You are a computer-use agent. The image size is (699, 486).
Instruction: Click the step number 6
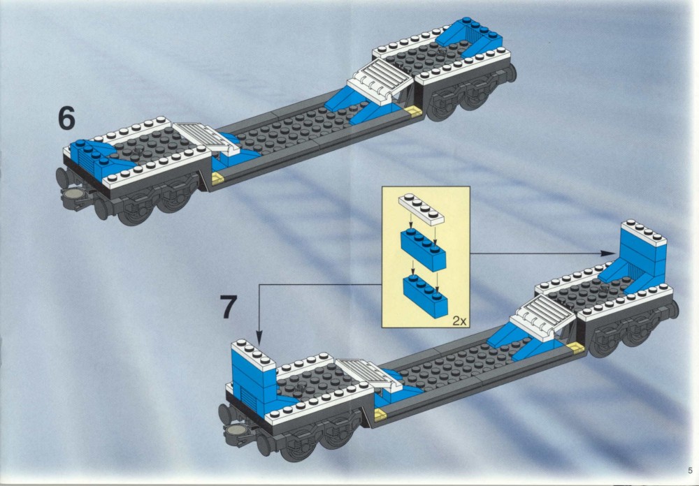[x=66, y=119]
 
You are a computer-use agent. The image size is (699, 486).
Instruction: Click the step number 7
[x=229, y=307]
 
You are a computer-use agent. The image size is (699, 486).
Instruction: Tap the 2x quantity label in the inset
[x=459, y=321]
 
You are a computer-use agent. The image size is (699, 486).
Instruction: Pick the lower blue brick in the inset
[x=425, y=296]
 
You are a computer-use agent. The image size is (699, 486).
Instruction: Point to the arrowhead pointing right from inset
[x=607, y=253]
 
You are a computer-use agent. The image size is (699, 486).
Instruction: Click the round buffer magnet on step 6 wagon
[x=73, y=193]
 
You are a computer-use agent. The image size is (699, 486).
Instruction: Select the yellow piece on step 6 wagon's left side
[x=217, y=179]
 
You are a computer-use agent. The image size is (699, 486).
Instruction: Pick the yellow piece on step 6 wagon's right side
[x=413, y=111]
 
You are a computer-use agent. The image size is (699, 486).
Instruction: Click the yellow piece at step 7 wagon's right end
[x=575, y=348]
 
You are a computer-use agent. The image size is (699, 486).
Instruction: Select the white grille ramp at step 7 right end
[x=542, y=318]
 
